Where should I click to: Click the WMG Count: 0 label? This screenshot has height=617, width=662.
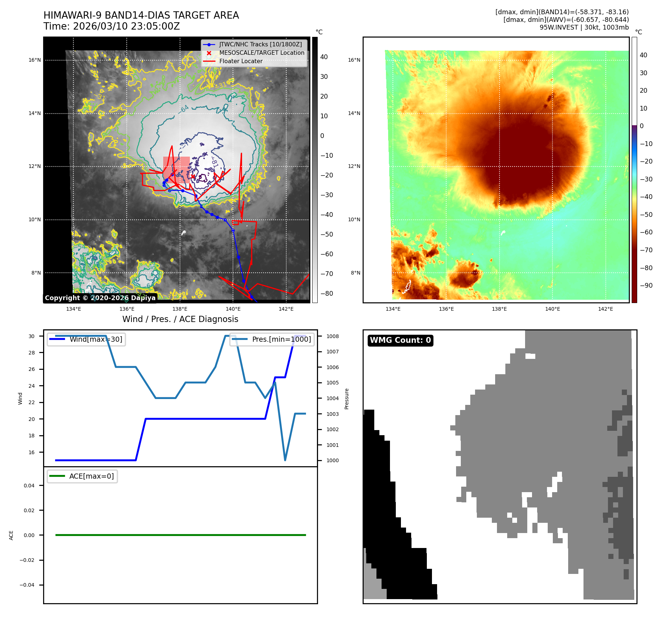[400, 340]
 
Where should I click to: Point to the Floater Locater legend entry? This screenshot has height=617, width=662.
[241, 61]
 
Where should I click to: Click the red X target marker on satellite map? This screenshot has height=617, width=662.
[193, 177]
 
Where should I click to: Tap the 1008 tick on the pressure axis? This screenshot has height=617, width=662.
[332, 336]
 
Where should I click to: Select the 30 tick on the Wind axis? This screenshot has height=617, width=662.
[32, 336]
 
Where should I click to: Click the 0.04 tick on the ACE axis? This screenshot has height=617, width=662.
[29, 486]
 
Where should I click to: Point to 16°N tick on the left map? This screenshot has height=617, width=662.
[35, 60]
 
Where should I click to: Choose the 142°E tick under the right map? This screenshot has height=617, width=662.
[605, 309]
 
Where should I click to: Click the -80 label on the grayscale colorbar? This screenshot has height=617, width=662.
[326, 293]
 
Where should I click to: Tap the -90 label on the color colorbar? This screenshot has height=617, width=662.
[646, 285]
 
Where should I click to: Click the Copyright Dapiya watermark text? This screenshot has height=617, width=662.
[100, 298]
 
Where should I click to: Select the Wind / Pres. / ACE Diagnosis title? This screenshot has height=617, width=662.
[180, 319]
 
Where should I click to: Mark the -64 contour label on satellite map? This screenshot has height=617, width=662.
[184, 109]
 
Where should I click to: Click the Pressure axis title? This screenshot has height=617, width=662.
[347, 399]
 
